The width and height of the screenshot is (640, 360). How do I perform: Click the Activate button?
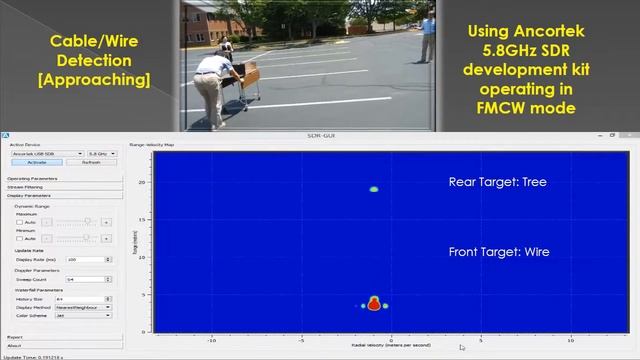[36, 162]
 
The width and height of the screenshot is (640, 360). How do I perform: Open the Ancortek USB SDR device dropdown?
[46, 154]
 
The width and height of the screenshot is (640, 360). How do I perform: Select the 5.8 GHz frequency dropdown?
[103, 154]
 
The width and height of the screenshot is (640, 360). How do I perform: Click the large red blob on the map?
[374, 304]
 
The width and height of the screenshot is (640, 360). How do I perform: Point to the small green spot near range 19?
[374, 189]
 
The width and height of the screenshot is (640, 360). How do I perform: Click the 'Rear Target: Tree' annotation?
[497, 183]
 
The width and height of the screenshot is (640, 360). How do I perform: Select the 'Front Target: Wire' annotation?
[497, 253]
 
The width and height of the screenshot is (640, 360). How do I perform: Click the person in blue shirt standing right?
[428, 35]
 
